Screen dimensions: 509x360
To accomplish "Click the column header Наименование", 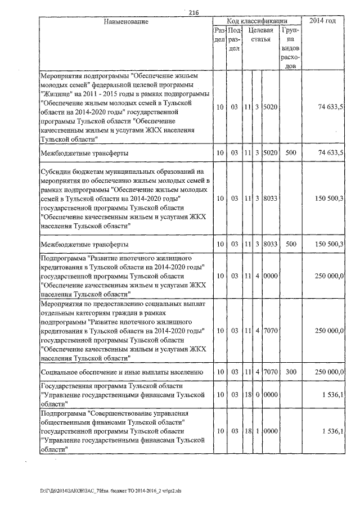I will point(126,21).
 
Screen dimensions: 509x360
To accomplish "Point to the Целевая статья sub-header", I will point(262,35).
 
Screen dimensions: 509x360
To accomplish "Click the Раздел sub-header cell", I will point(220,35).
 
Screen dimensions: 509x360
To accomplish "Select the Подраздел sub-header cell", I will point(235,39).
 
